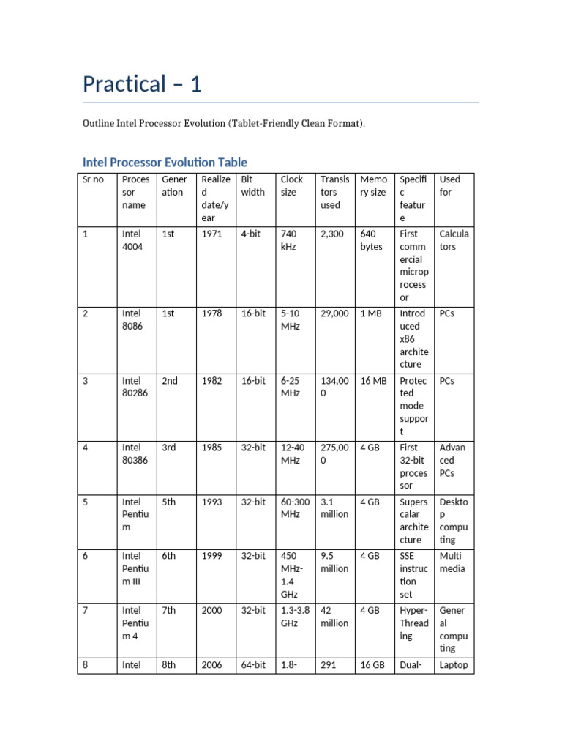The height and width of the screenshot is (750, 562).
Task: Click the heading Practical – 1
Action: (142, 84)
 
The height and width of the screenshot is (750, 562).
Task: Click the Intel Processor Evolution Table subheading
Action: (165, 162)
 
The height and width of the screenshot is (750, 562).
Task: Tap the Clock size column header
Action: (291, 186)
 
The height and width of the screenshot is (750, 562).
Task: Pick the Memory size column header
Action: (373, 186)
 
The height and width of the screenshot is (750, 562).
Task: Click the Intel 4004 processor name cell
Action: (132, 240)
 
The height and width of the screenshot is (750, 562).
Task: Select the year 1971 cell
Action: (212, 234)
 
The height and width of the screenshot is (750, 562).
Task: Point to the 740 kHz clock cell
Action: (290, 240)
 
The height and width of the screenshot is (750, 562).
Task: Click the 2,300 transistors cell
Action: (332, 234)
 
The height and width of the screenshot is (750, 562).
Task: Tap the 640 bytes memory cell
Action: (372, 240)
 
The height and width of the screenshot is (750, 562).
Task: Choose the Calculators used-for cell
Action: (454, 240)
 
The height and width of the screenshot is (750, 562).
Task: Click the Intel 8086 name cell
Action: (132, 320)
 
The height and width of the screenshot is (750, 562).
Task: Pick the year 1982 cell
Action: (212, 381)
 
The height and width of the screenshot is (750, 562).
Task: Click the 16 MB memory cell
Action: (373, 381)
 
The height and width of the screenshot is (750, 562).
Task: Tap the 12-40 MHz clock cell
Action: (291, 454)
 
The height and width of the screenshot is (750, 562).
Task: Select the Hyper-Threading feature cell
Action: (414, 623)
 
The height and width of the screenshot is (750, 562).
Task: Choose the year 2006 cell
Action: (212, 666)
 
